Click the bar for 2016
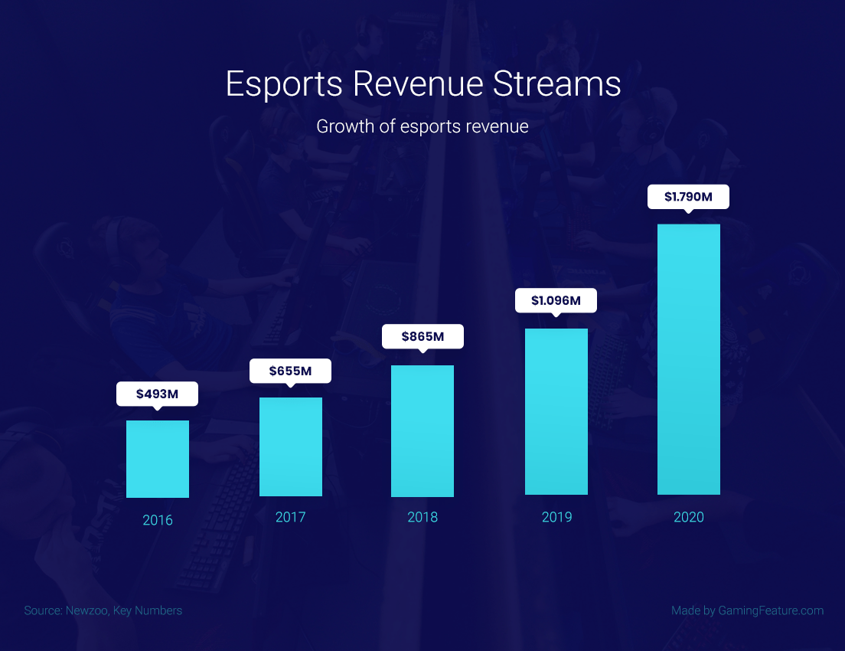click(158, 459)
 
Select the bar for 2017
click(291, 447)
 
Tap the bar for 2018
click(422, 430)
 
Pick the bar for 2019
click(556, 411)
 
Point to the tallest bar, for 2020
click(689, 359)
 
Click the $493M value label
click(158, 394)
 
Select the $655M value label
click(291, 371)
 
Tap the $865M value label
click(422, 336)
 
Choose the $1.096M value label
click(556, 300)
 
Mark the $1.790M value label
click(689, 196)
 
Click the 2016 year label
click(158, 521)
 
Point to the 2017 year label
click(291, 517)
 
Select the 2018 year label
click(422, 517)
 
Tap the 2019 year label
click(556, 517)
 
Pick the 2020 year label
click(689, 517)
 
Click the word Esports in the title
click(284, 84)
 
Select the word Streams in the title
click(556, 84)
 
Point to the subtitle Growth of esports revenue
click(422, 126)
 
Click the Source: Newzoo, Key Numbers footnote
click(103, 610)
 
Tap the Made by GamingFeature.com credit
click(747, 610)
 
